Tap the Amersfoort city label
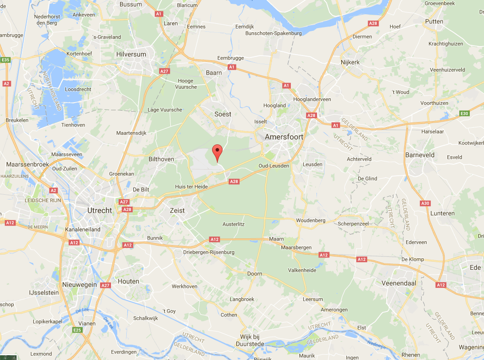click(x=284, y=137)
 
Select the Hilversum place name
click(x=131, y=55)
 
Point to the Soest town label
click(x=223, y=114)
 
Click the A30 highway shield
click(x=425, y=203)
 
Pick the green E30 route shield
click(x=465, y=113)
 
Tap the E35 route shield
click(x=6, y=60)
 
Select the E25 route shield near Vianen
click(x=77, y=330)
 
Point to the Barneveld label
click(x=420, y=155)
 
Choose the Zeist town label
click(x=177, y=210)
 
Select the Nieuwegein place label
click(x=79, y=284)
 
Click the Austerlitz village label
click(x=233, y=224)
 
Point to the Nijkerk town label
click(x=350, y=62)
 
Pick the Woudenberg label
click(x=310, y=220)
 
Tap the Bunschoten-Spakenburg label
click(x=273, y=33)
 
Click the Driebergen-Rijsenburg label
click(x=209, y=252)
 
